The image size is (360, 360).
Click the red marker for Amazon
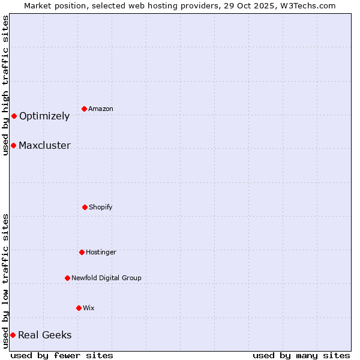pyautogui.click(x=85, y=109)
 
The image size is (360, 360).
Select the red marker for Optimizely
pyautogui.click(x=14, y=116)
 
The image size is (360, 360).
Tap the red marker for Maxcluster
pyautogui.click(x=13, y=145)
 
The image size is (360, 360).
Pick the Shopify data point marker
pyautogui.click(x=85, y=207)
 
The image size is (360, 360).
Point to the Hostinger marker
pyautogui.click(x=82, y=252)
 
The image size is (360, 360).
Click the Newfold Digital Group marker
pyautogui.click(x=67, y=278)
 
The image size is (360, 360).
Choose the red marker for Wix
pyautogui.click(x=79, y=308)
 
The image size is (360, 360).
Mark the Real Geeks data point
pyautogui.click(x=13, y=335)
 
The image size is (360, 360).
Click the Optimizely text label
pyautogui.click(x=44, y=116)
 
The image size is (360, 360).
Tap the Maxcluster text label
pyautogui.click(x=44, y=146)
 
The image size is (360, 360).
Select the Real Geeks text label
pyautogui.click(x=44, y=335)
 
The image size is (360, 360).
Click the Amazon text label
pyautogui.click(x=101, y=109)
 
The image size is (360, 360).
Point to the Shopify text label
pyautogui.click(x=101, y=208)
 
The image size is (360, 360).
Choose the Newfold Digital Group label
pyautogui.click(x=106, y=278)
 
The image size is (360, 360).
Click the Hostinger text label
pyautogui.click(x=101, y=253)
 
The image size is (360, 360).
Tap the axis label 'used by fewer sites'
pyautogui.click(x=62, y=356)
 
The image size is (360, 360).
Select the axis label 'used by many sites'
pyautogui.click(x=301, y=356)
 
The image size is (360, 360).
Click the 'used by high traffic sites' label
pyautogui.click(x=5, y=85)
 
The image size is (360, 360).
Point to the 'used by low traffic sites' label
pyautogui.click(x=5, y=281)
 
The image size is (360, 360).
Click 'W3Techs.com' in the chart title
pyautogui.click(x=310, y=5)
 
